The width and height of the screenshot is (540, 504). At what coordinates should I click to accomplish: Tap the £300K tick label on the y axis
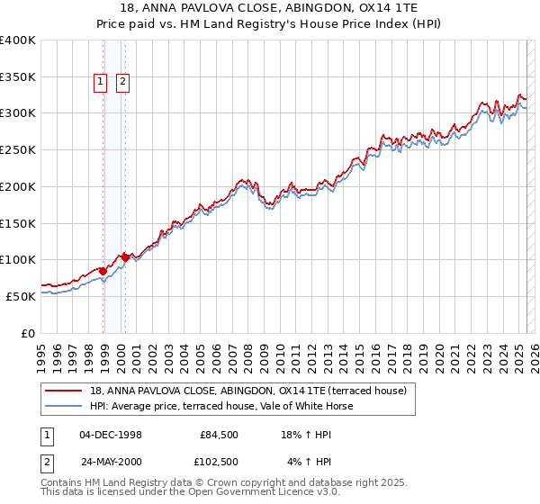pyautogui.click(x=19, y=113)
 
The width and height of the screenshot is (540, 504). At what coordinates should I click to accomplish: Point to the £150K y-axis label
pyautogui.click(x=19, y=223)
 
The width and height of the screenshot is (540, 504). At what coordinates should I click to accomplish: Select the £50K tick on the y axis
pyautogui.click(x=22, y=296)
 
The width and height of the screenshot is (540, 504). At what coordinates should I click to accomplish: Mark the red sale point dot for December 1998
pyautogui.click(x=103, y=271)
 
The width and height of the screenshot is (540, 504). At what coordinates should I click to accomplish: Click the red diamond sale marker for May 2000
pyautogui.click(x=125, y=257)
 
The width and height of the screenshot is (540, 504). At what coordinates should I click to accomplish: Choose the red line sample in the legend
pyautogui.click(x=65, y=391)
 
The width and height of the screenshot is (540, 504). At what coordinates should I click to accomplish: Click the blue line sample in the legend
pyautogui.click(x=65, y=406)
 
